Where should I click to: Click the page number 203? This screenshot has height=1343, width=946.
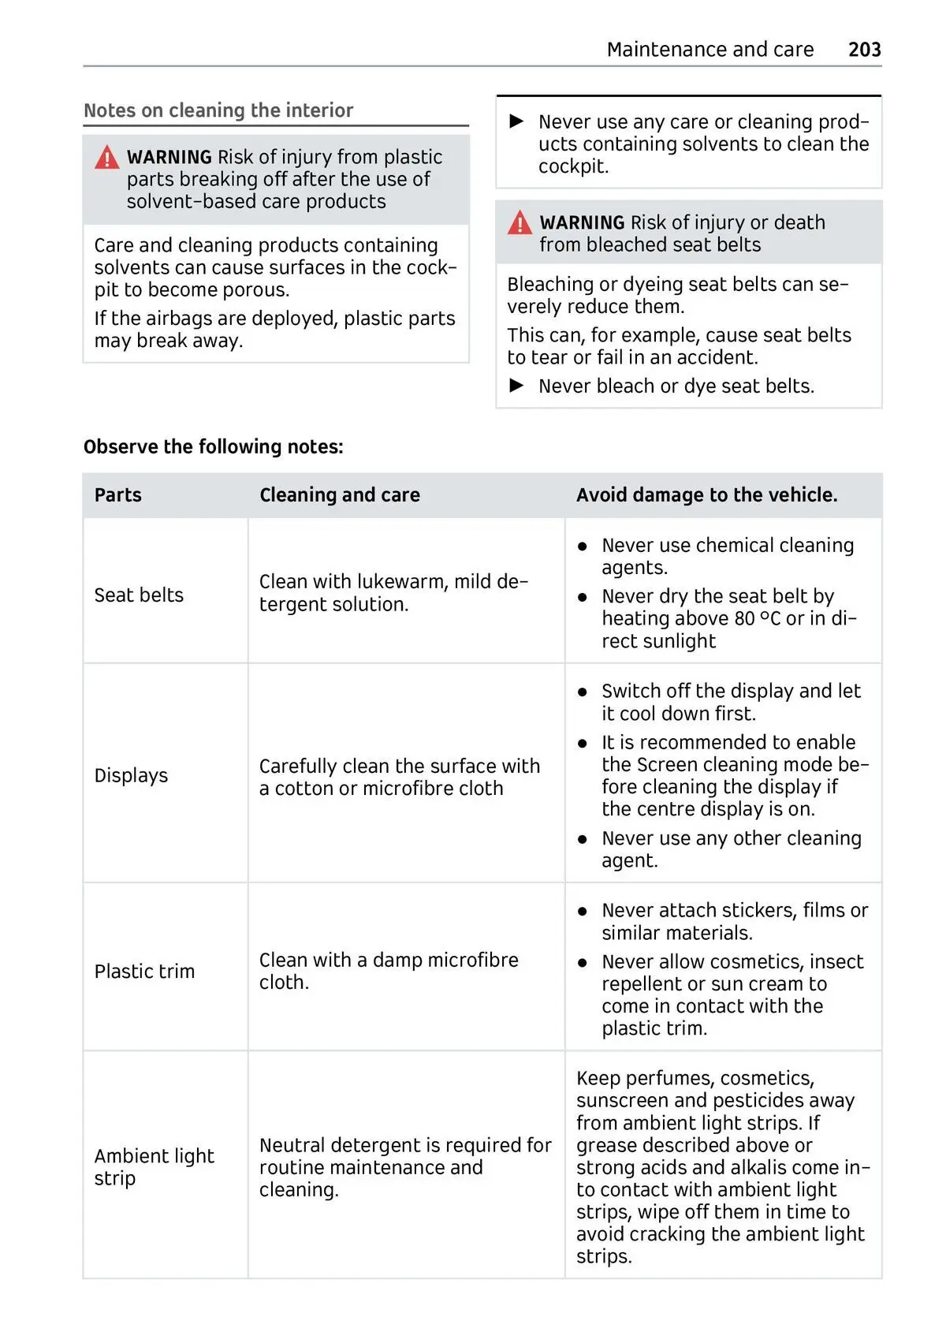click(864, 50)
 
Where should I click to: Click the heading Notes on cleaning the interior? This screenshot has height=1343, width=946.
click(218, 110)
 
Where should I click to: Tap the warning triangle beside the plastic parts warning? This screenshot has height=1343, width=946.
click(106, 158)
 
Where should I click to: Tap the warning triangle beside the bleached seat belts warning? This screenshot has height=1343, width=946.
click(520, 223)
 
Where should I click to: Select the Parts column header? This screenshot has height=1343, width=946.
click(118, 495)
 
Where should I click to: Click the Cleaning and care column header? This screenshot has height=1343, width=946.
click(340, 495)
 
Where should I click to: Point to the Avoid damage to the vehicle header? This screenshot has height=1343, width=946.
click(706, 495)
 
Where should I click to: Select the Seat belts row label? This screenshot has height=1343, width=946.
click(139, 595)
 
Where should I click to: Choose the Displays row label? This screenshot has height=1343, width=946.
click(131, 776)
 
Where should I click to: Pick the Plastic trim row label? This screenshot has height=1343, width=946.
click(144, 972)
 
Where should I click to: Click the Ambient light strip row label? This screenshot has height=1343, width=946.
click(154, 1167)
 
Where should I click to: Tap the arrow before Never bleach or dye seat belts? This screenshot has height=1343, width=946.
click(517, 386)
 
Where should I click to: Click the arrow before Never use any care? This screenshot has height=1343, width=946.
click(517, 121)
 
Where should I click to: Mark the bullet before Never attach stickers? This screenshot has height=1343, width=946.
click(583, 912)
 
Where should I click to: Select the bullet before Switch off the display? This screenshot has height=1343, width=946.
click(583, 692)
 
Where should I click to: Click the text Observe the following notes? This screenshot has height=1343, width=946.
click(214, 447)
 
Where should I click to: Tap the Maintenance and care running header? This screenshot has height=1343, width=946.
click(709, 50)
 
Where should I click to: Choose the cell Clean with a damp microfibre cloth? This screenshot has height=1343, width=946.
click(389, 972)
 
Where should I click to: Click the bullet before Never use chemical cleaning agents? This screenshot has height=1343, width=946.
click(583, 547)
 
